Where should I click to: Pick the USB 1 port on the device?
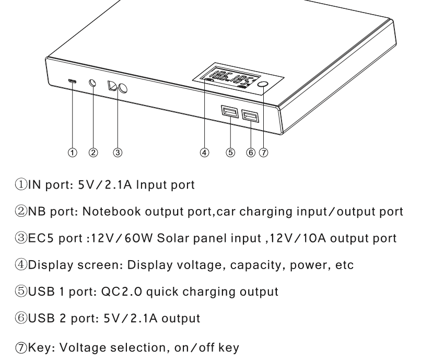coord(229,113)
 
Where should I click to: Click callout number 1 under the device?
coord(73,153)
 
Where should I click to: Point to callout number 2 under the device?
coord(93,153)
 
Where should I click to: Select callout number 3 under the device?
coord(118,153)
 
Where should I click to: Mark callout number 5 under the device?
coord(230,153)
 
